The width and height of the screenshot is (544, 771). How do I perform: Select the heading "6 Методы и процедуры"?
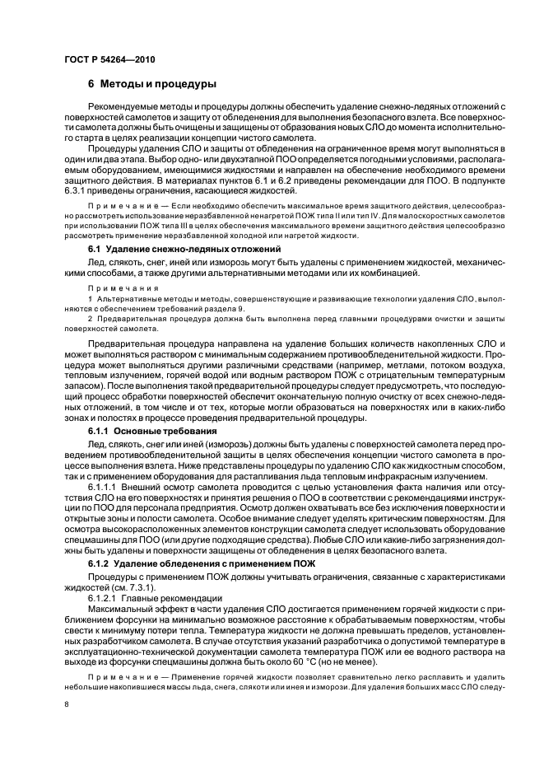pos(152,84)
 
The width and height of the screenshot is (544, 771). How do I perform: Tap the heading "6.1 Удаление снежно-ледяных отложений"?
pos(185,248)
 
